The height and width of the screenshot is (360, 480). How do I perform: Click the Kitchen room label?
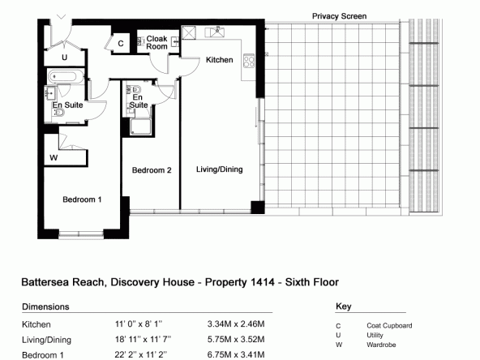click(219, 60)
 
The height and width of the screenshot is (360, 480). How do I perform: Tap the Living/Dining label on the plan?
click(220, 169)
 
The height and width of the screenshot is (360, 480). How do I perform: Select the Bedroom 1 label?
click(82, 199)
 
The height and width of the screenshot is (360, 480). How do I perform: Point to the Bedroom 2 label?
click(152, 170)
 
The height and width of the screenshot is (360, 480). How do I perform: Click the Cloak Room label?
click(156, 42)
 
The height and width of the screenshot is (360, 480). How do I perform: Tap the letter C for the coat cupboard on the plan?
click(121, 44)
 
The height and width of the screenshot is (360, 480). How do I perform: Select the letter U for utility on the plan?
click(64, 58)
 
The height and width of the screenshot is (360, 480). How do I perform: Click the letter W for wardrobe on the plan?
click(54, 157)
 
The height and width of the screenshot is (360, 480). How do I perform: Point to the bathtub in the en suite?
click(66, 76)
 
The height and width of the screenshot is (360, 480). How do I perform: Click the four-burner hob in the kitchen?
click(249, 60)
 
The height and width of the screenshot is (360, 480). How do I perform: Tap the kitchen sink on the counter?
click(215, 32)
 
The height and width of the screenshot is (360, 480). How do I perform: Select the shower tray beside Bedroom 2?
click(140, 127)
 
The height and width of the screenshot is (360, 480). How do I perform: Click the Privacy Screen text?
click(339, 16)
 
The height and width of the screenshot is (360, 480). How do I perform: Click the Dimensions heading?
click(45, 306)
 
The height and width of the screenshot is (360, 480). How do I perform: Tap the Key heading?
click(344, 306)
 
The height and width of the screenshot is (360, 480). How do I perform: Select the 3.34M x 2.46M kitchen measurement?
click(236, 324)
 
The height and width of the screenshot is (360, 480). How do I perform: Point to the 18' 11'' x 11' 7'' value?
click(143, 339)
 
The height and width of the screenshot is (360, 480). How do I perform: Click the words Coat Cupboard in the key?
click(389, 325)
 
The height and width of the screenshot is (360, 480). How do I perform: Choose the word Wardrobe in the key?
click(381, 345)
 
